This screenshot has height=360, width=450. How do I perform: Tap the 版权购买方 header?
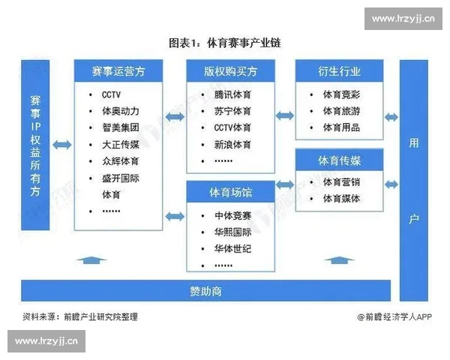(230, 72)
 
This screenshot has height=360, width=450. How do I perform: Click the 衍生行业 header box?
(339, 72)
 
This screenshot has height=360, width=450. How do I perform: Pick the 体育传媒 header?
(339, 160)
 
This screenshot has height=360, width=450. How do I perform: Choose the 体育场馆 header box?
(230, 193)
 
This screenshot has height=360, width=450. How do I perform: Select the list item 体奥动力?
(120, 112)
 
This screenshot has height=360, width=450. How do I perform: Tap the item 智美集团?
(120, 128)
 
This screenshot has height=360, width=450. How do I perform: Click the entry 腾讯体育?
(232, 95)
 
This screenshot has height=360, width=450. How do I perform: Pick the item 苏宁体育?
(232, 112)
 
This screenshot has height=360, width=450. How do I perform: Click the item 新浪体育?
(232, 144)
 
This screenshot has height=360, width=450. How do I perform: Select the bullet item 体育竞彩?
(341, 95)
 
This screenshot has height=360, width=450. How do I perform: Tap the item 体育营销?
(341, 182)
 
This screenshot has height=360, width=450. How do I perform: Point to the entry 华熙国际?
(232, 232)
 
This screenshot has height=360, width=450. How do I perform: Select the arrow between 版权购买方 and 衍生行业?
(284, 115)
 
